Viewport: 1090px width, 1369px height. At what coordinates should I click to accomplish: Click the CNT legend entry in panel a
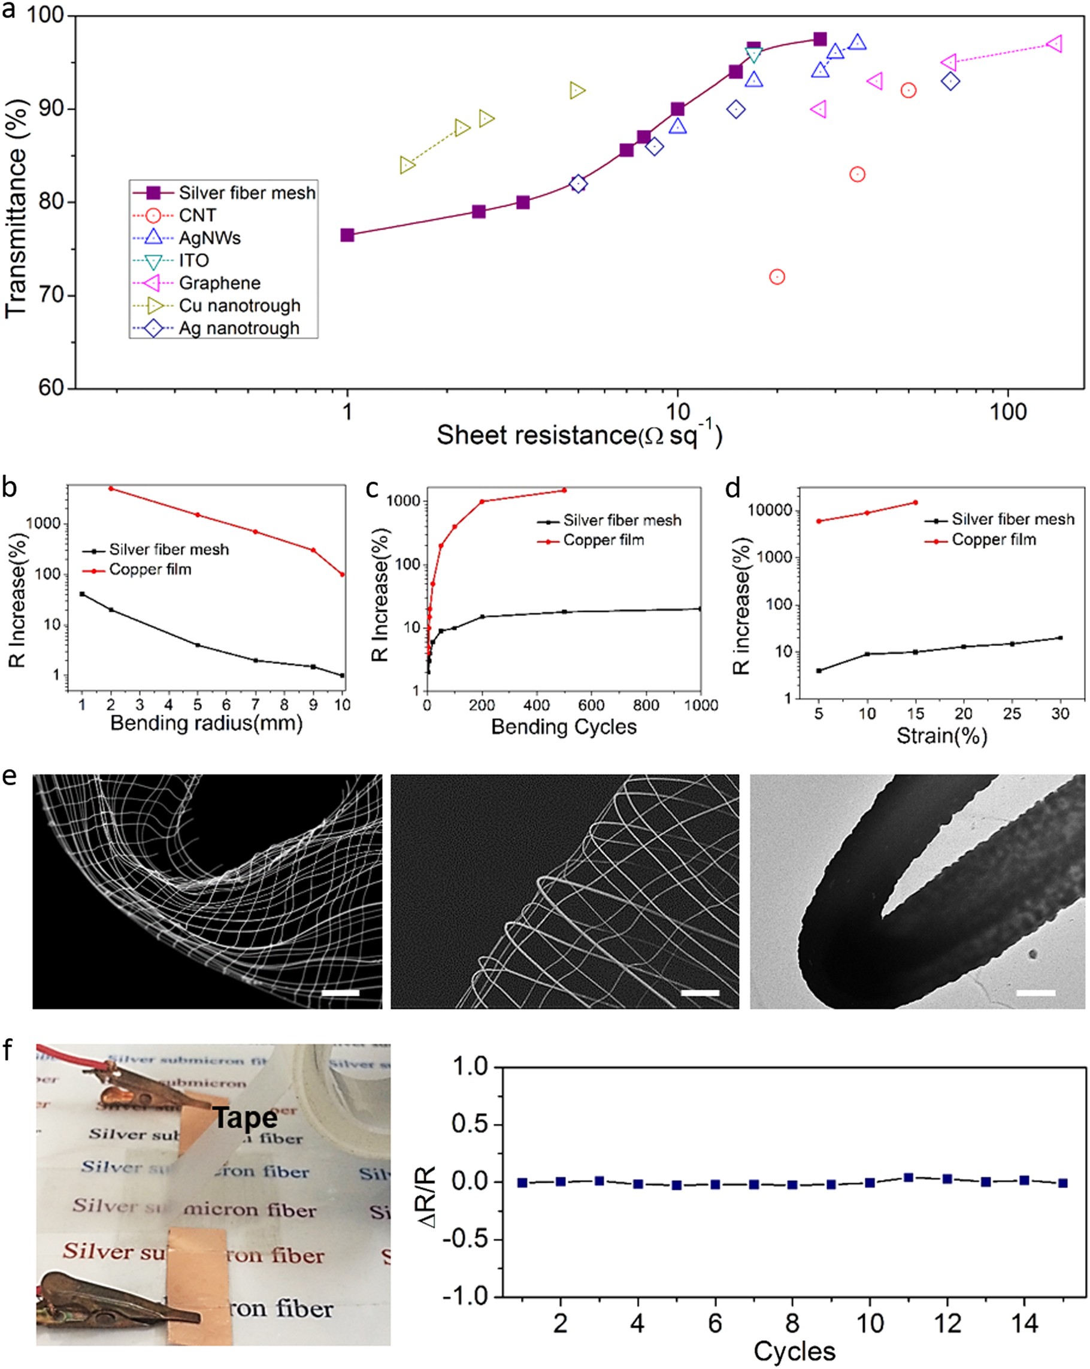point(198,215)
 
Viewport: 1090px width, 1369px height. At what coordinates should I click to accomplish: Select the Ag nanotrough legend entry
point(239,328)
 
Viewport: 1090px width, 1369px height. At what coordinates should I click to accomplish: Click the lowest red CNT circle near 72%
point(776,277)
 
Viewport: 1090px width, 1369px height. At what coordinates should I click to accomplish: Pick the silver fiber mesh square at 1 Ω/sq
point(347,235)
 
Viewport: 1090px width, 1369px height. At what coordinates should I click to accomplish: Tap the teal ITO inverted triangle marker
point(753,55)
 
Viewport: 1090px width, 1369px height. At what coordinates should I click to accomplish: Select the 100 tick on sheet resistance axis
point(1008,412)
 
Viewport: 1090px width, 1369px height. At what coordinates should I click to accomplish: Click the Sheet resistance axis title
point(579,436)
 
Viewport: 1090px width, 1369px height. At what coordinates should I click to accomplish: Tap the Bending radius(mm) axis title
point(206,723)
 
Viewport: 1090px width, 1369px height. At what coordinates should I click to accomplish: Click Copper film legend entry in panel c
point(603,540)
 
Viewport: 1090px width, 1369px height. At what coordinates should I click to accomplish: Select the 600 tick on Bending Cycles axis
point(591,705)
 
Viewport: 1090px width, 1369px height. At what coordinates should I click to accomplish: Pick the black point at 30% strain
point(1060,637)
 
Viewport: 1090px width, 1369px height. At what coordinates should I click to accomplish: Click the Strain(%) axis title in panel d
point(941,736)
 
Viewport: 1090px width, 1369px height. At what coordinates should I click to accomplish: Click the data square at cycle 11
point(909,1178)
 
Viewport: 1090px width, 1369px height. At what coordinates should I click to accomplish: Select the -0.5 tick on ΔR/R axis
point(469,1240)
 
